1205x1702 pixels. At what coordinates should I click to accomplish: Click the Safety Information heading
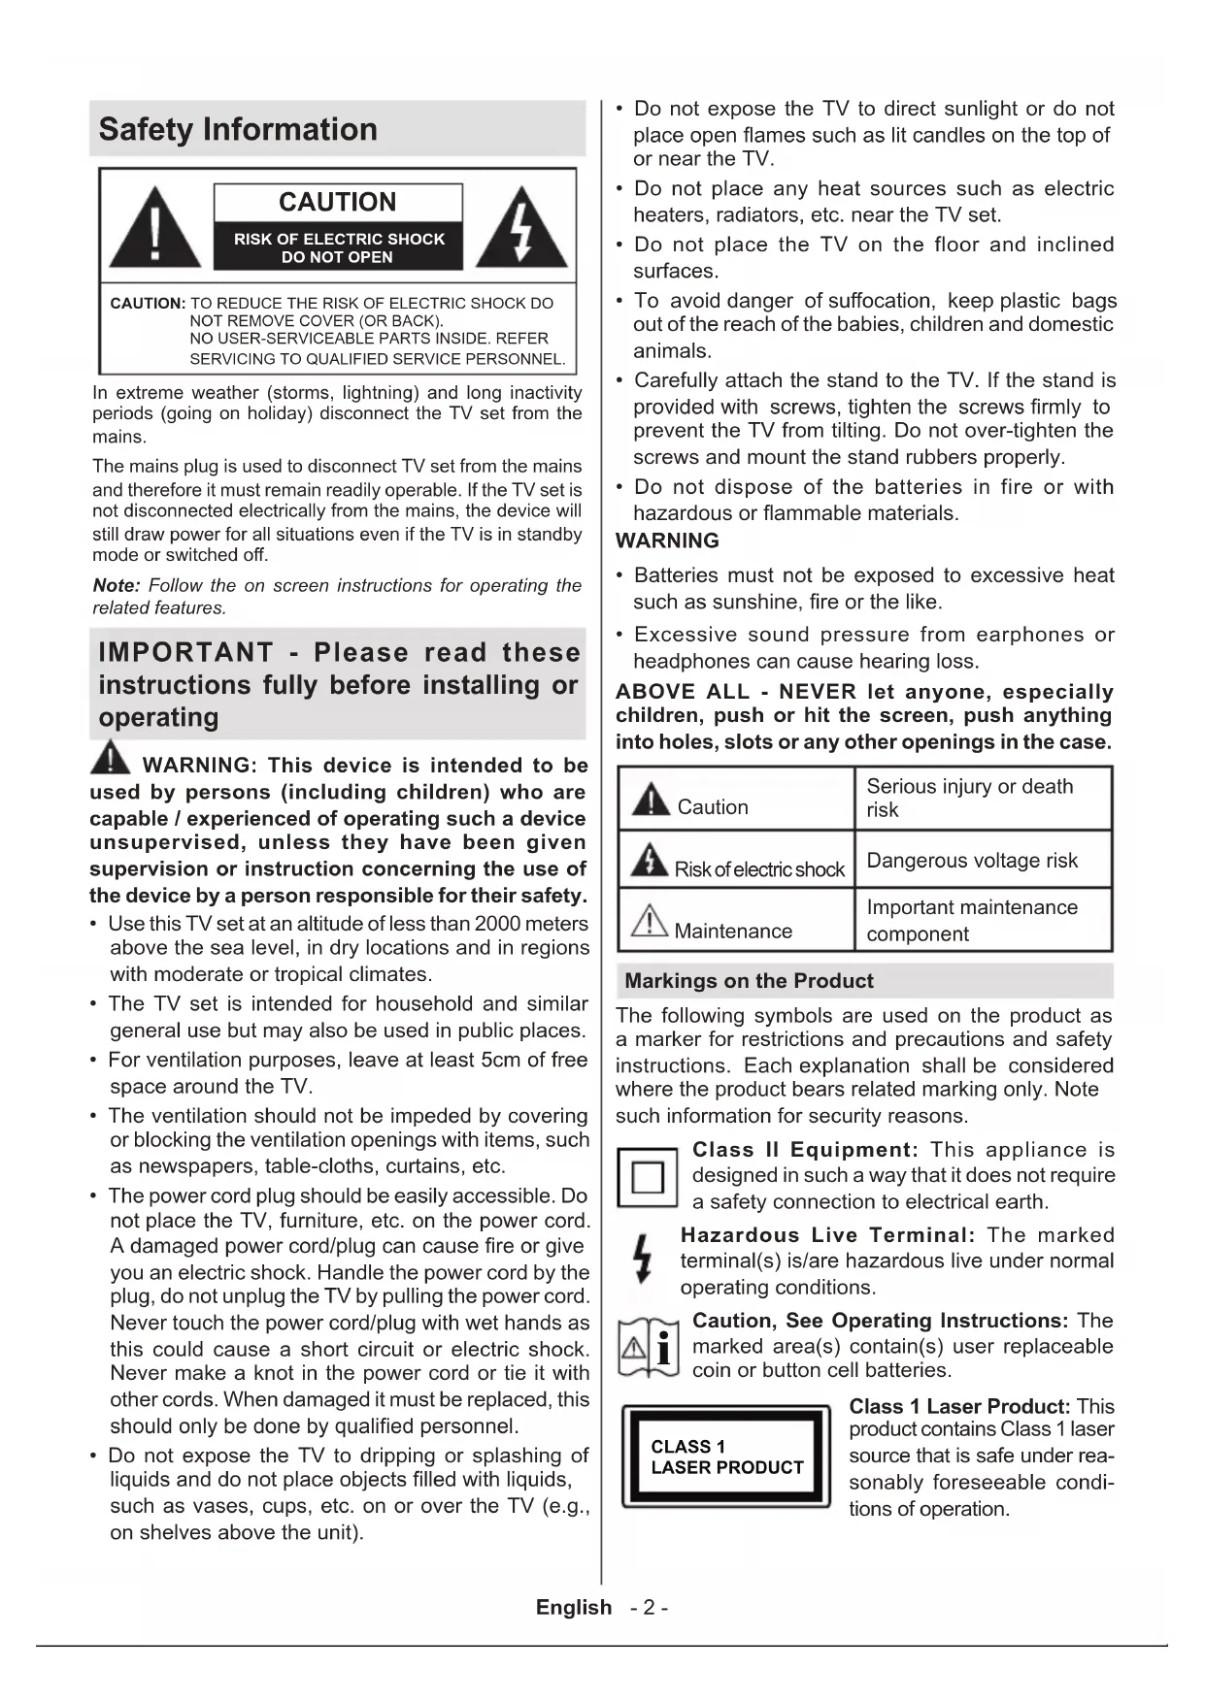238,129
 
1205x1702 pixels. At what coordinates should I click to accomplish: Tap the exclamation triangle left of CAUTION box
155,231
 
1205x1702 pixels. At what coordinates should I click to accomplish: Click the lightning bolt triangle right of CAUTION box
523,231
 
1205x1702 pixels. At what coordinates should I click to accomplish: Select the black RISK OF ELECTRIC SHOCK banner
337,247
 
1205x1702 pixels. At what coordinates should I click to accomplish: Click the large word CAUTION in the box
337,202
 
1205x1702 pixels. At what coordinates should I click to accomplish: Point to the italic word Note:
117,585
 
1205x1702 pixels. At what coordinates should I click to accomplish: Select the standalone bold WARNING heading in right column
667,540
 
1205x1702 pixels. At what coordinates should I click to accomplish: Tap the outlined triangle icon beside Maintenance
649,920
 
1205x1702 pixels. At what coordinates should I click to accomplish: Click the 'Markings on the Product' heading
749,981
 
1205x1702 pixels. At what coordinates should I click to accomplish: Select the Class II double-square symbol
647,1177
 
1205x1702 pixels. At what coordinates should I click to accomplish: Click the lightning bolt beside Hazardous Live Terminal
642,1259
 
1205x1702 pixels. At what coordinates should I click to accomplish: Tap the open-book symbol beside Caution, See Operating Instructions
648,1347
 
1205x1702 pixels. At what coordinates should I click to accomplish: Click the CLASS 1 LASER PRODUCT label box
726,1457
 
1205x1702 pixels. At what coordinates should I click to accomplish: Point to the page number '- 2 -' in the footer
649,1608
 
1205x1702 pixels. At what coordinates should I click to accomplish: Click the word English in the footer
574,1608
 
